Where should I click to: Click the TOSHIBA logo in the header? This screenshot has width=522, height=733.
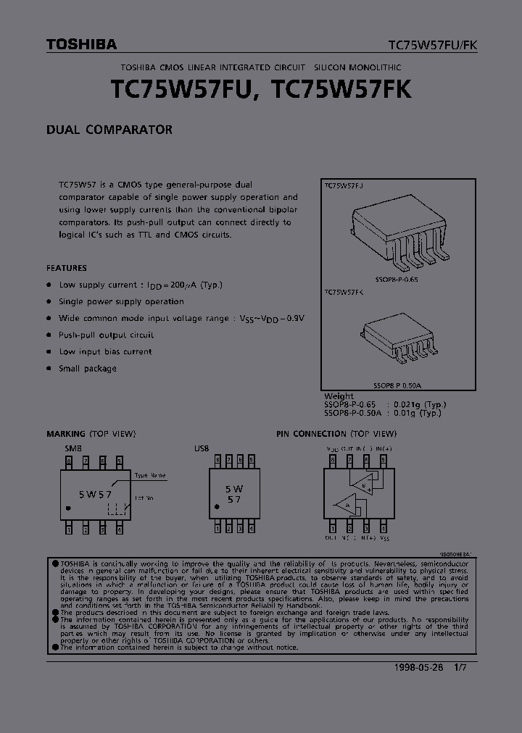click(x=81, y=44)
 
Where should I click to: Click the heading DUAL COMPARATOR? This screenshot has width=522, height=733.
click(x=109, y=130)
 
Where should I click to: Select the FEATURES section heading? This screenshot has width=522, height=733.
click(x=67, y=267)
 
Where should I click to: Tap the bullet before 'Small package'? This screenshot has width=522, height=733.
click(x=49, y=369)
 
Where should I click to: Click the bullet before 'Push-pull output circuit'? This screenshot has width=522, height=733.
click(x=49, y=335)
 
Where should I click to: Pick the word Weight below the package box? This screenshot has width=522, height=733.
click(x=339, y=396)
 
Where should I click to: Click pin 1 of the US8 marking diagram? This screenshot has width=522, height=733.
click(x=215, y=529)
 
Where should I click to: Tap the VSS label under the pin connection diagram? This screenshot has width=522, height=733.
click(x=385, y=539)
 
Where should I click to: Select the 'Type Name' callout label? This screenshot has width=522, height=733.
click(x=150, y=475)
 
